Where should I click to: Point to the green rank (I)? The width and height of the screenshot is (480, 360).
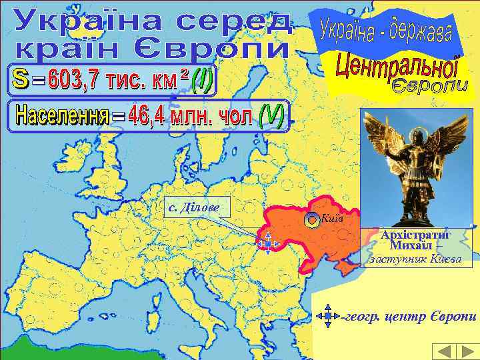201,81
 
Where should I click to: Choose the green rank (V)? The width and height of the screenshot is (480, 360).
270,117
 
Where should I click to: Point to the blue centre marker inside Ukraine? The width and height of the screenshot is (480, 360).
266,245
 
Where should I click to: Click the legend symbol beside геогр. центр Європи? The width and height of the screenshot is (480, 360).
327,315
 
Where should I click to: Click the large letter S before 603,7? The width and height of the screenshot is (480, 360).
20,81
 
